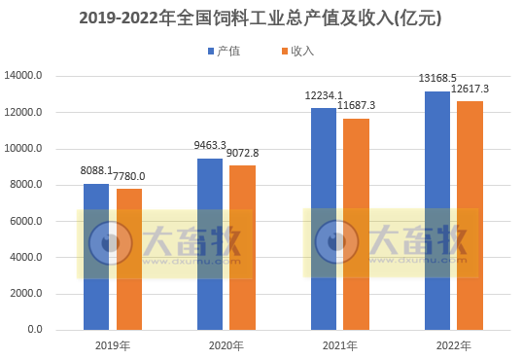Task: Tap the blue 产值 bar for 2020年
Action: click(210, 243)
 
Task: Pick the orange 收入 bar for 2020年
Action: click(243, 247)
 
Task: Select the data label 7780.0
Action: click(128, 176)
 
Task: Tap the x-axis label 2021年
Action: click(340, 345)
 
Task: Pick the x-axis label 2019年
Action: click(113, 345)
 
